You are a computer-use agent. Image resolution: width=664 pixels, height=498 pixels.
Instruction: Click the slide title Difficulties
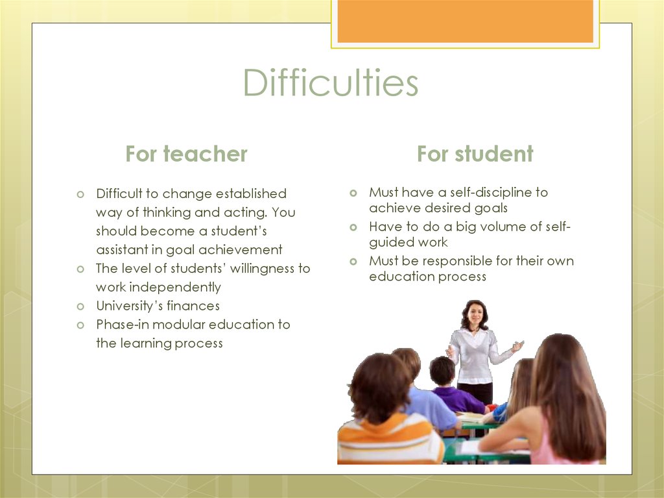[331, 82]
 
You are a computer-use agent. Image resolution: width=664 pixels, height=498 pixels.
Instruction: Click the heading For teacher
[186, 154]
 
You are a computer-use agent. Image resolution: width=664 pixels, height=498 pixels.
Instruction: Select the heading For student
[475, 154]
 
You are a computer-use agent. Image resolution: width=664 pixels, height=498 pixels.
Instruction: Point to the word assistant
[122, 249]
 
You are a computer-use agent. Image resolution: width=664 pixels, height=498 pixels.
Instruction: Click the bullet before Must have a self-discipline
[353, 193]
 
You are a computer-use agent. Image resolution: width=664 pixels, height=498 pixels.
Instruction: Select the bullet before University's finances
[80, 306]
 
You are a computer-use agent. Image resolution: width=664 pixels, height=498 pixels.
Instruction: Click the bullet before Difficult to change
[80, 194]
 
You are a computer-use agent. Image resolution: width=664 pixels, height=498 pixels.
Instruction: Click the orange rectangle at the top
[466, 21]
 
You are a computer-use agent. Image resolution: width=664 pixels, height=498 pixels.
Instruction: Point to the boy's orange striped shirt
[383, 439]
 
